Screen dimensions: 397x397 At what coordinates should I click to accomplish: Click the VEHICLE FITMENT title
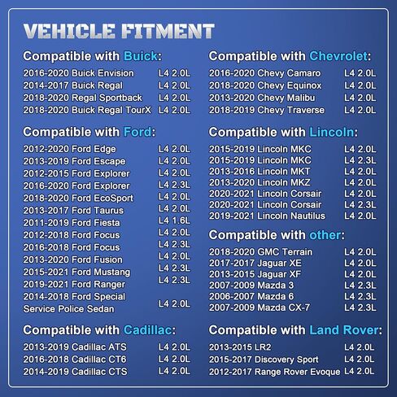click(119, 31)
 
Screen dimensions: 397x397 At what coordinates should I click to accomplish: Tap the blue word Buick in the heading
click(141, 56)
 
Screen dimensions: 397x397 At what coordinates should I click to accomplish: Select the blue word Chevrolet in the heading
click(338, 56)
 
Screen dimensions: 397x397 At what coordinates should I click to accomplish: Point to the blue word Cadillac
click(147, 330)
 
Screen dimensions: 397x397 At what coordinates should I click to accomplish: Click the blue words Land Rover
click(344, 330)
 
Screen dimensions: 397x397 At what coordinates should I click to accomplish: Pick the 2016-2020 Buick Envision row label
click(78, 73)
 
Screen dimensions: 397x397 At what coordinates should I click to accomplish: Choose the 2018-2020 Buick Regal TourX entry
click(87, 110)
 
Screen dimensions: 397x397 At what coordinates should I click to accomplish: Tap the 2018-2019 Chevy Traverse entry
click(267, 110)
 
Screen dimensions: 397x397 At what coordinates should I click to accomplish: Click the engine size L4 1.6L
click(174, 220)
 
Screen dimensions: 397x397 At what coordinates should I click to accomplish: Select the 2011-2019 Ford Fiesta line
click(72, 223)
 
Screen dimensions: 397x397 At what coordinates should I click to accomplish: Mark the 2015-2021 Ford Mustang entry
click(76, 272)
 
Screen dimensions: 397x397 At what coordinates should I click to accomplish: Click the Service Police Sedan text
click(68, 309)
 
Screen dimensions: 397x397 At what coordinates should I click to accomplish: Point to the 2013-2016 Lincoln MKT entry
click(260, 172)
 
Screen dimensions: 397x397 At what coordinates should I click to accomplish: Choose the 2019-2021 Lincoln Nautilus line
click(267, 216)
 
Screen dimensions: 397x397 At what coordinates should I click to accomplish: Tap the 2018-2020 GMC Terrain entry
click(260, 252)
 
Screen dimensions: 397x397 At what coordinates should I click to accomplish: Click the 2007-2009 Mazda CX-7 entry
click(260, 308)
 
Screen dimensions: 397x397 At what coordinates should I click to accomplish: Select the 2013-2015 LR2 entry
click(240, 347)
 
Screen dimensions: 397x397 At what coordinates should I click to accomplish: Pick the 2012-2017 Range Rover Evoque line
click(274, 372)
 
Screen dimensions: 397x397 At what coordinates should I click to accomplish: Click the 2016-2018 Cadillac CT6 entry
click(75, 360)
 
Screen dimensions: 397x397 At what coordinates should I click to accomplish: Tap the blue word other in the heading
click(325, 235)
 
